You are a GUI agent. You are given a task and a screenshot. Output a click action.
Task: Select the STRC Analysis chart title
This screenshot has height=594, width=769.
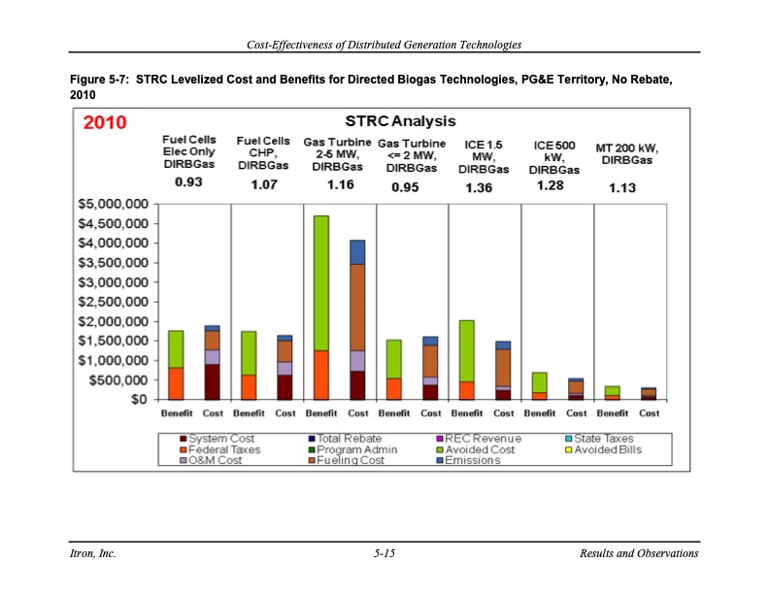point(400,121)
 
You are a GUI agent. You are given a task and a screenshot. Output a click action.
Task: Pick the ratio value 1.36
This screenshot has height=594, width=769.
point(479,188)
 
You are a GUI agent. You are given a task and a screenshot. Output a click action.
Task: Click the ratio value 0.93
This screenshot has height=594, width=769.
point(188,182)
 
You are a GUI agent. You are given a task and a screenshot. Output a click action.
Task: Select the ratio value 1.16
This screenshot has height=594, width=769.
point(340,184)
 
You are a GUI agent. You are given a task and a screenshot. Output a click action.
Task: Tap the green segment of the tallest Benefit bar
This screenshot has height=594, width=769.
point(321,281)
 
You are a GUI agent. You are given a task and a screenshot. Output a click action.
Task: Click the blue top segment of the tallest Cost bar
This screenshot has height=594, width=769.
point(357,251)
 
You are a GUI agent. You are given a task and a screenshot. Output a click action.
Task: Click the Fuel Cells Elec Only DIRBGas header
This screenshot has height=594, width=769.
point(188,152)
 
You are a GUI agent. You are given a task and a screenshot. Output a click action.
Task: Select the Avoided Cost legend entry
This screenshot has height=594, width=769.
point(479,449)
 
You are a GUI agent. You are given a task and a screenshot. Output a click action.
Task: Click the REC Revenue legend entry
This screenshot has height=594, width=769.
point(483,439)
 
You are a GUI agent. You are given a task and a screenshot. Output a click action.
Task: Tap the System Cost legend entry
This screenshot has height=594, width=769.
point(220,439)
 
